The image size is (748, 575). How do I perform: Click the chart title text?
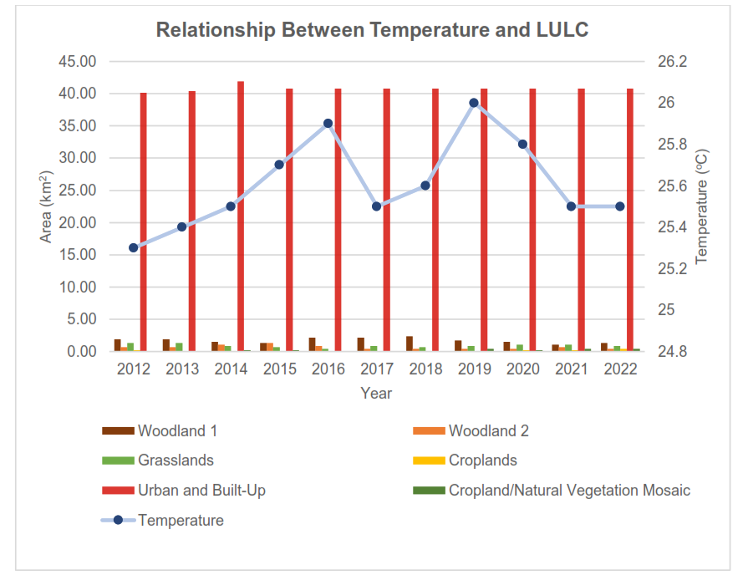(373, 30)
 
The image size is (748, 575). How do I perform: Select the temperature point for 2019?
(474, 103)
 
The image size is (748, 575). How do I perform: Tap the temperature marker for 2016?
(328, 123)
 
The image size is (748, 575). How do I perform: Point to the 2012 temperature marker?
(133, 247)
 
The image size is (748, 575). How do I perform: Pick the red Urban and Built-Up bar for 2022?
(630, 219)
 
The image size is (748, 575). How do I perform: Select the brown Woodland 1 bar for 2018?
(410, 343)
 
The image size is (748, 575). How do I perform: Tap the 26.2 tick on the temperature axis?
(672, 61)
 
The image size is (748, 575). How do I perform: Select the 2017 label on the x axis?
(377, 369)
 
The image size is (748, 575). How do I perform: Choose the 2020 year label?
(522, 369)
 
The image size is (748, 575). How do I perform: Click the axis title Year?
(376, 393)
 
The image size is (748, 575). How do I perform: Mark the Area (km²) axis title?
(47, 206)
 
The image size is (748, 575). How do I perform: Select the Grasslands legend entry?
(176, 461)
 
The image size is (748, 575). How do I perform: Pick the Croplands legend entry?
(482, 461)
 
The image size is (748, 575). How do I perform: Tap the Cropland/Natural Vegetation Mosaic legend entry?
(569, 490)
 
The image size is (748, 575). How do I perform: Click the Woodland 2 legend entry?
(488, 431)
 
